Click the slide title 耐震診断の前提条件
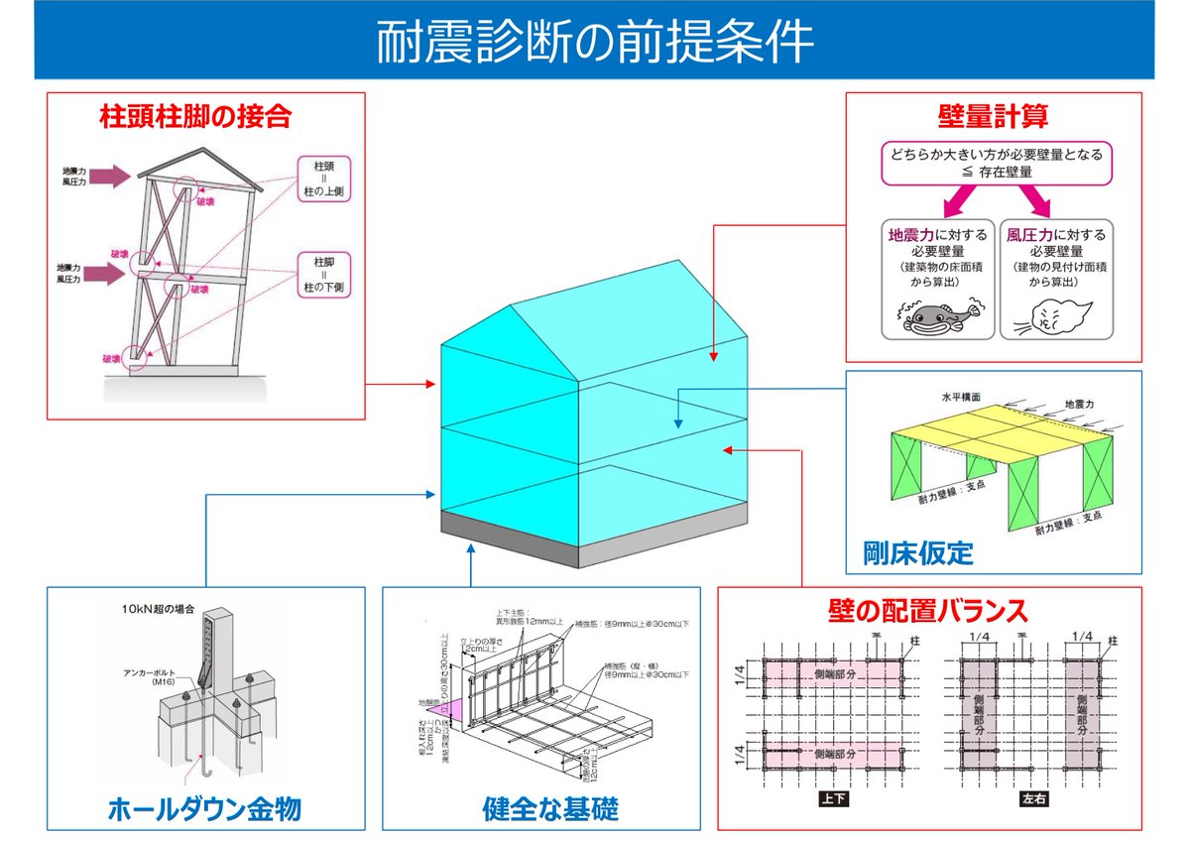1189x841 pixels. tap(594, 43)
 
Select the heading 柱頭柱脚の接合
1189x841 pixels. tap(195, 117)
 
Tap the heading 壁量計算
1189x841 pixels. tap(993, 117)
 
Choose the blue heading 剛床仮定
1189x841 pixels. tap(918, 551)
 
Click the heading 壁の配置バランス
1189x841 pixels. tap(928, 609)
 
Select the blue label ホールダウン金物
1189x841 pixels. tap(203, 809)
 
